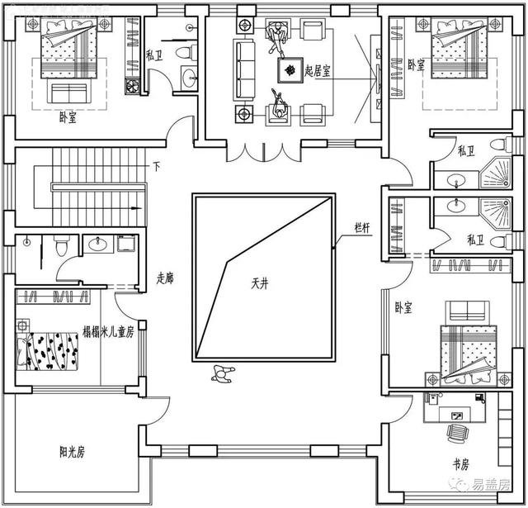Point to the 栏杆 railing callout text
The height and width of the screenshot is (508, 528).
pyautogui.click(x=362, y=228)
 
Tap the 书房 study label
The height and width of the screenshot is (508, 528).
pyautogui.click(x=460, y=465)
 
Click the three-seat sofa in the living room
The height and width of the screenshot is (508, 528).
pyautogui.click(x=245, y=69)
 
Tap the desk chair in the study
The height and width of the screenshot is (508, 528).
pyautogui.click(x=455, y=432)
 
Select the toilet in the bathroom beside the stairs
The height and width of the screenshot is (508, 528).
pyautogui.click(x=59, y=245)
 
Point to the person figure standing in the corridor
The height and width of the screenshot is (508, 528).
pyautogui.click(x=222, y=373)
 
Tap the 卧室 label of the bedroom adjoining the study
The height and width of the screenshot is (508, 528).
pyautogui.click(x=403, y=307)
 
